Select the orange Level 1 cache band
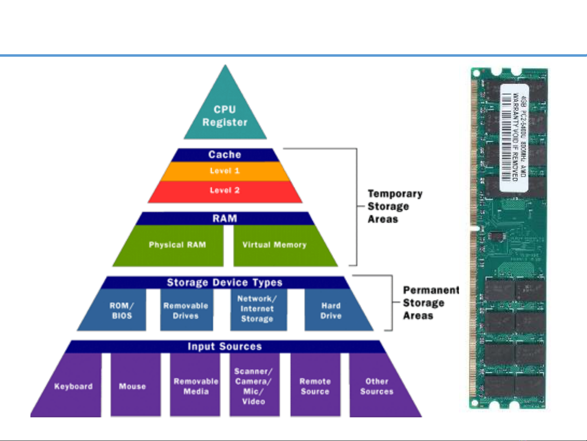(225, 171)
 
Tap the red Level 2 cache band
(225, 191)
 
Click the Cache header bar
(225, 155)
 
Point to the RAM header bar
(225, 218)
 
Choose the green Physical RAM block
(177, 245)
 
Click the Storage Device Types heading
(225, 282)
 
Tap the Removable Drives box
(186, 310)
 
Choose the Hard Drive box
(331, 310)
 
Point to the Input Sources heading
(225, 346)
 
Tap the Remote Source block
(315, 386)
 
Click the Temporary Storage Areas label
(394, 206)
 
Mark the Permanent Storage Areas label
(431, 303)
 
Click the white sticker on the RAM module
(514, 137)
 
